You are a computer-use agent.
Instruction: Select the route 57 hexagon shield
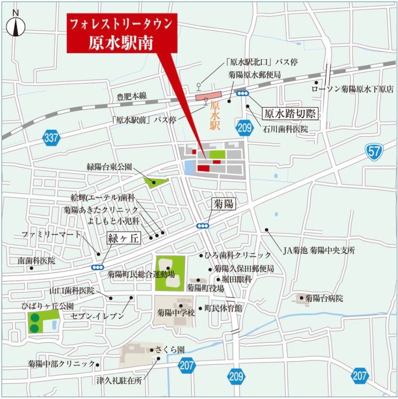tap(375, 151)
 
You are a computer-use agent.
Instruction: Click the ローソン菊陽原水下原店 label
tap(352, 89)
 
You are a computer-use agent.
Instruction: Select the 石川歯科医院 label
tap(285, 129)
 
